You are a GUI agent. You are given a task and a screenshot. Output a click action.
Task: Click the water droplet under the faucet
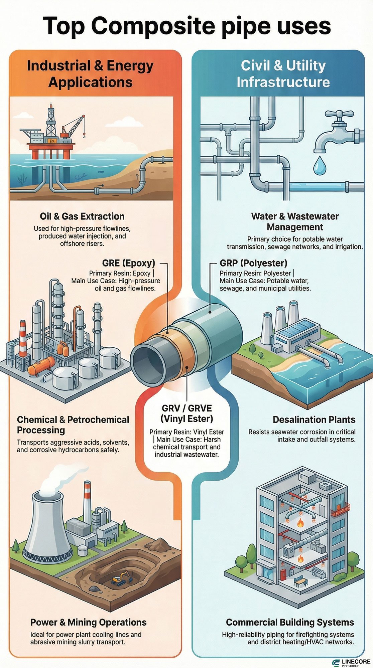[x=320, y=166]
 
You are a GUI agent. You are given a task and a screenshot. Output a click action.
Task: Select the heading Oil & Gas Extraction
[x=82, y=216]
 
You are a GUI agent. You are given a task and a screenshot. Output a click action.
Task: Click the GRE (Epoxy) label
[x=129, y=263]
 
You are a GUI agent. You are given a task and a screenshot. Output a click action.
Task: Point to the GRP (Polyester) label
[x=253, y=263]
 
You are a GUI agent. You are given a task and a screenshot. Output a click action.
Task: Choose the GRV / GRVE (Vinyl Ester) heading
[x=186, y=413]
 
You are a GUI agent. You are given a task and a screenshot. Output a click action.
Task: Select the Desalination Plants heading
[x=314, y=420]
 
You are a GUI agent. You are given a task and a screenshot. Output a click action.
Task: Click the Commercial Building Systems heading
[x=290, y=622]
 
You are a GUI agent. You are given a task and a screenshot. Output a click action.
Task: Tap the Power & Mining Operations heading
[x=88, y=622]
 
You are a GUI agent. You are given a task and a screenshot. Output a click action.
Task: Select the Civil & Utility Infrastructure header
[x=283, y=74]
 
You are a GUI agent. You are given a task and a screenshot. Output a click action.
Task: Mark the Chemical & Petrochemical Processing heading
[x=73, y=425]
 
